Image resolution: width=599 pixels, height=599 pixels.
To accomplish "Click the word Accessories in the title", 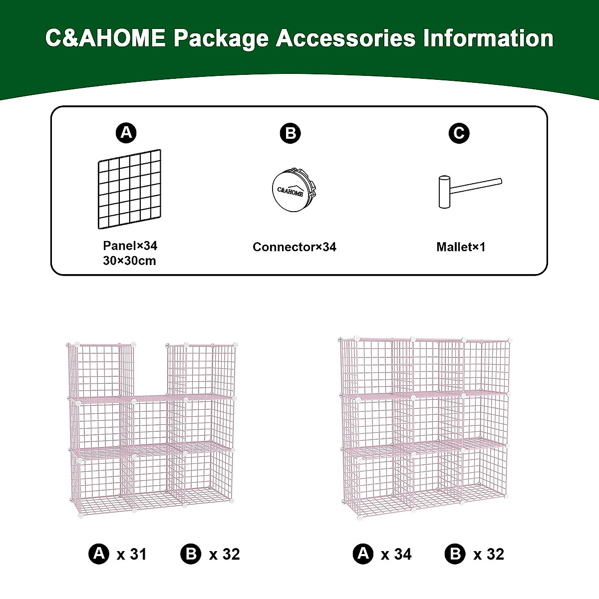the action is click(x=345, y=38).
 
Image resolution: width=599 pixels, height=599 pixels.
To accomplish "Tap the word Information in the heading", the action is click(x=489, y=38).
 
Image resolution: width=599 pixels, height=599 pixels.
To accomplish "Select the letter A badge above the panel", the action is click(x=126, y=133).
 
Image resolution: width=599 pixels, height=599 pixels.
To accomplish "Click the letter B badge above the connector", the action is click(x=290, y=134).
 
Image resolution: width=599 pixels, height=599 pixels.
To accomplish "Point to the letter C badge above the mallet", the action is click(x=459, y=133).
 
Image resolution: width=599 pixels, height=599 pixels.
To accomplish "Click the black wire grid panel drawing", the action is click(x=130, y=189).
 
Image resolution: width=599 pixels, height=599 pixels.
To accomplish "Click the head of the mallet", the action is click(x=444, y=192).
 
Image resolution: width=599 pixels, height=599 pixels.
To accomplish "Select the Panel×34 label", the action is click(x=130, y=246).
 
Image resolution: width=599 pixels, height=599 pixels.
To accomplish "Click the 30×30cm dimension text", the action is click(x=130, y=261).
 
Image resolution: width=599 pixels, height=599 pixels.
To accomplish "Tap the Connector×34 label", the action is click(x=294, y=247).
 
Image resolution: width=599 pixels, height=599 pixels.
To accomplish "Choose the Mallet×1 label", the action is click(x=460, y=247).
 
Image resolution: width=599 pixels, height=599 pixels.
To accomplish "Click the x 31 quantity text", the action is click(x=132, y=554).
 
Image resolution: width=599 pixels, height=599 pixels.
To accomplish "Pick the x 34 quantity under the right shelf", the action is click(x=396, y=554).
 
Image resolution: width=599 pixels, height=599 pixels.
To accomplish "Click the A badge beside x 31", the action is click(x=99, y=554).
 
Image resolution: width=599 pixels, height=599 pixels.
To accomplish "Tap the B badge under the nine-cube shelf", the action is click(x=455, y=554).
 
